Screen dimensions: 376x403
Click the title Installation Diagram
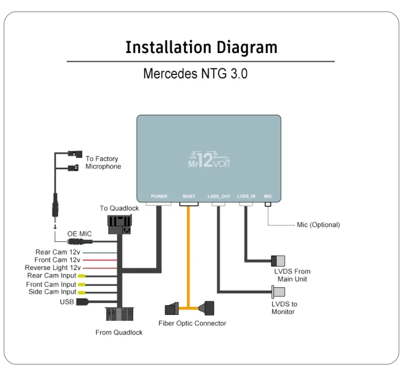tap(201, 47)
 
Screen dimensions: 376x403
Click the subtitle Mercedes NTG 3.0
tap(195, 74)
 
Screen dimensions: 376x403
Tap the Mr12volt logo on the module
tap(209, 159)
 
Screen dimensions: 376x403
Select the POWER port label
tap(159, 196)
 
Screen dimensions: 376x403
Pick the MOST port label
tap(189, 196)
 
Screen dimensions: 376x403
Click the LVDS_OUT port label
tap(219, 196)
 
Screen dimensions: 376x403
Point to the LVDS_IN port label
tap(246, 196)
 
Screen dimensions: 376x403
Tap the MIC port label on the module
tap(268, 196)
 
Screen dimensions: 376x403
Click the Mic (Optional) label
tap(318, 225)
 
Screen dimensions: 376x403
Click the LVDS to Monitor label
tap(284, 308)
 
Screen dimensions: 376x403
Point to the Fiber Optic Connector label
tap(192, 324)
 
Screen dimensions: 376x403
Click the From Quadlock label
tap(119, 332)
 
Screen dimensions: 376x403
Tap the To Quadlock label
tap(119, 208)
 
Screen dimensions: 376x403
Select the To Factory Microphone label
tap(103, 162)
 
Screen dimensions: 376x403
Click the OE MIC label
tap(79, 234)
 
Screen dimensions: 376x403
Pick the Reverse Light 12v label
tap(52, 268)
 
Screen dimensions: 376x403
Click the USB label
tap(66, 302)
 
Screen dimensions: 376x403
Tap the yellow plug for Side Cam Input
tap(81, 293)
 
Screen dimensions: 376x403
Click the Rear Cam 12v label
tap(58, 252)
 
